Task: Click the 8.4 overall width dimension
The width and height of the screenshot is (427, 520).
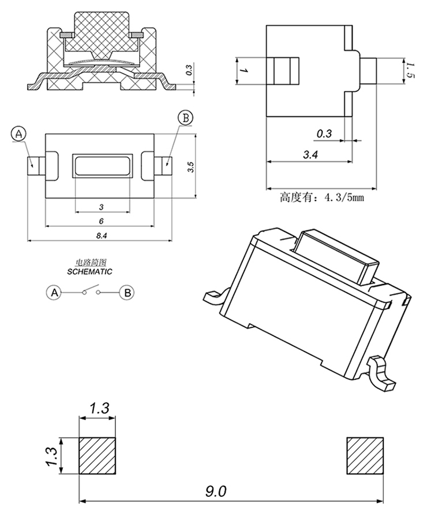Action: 101,235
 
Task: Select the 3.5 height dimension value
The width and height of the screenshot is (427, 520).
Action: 190,167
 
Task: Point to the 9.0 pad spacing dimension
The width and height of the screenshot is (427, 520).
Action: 217,492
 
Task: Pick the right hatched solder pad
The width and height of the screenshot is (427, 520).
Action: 365,456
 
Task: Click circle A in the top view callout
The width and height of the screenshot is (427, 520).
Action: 18,134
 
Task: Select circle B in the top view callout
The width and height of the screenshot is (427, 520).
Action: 186,118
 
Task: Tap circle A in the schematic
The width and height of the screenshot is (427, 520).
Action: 54,293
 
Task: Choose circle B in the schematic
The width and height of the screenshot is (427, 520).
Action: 128,293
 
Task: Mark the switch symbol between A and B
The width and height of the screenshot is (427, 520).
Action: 91,291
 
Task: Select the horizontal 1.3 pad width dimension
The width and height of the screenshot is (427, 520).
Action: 98,408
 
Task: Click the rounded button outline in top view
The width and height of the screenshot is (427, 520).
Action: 102,166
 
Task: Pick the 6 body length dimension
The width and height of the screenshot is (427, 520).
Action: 101,221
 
